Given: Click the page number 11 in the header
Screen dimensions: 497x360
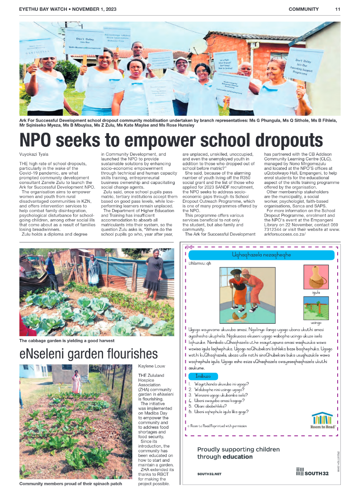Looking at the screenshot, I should pyautogui.click(x=338, y=9).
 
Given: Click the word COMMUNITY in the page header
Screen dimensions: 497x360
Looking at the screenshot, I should pyautogui.click(x=303, y=9).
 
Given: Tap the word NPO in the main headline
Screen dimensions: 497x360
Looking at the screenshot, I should pyautogui.click(x=40, y=140).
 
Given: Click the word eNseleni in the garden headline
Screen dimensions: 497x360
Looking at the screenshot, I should pyautogui.click(x=49, y=354).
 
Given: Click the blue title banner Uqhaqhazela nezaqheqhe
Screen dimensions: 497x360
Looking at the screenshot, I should pyautogui.click(x=261, y=255).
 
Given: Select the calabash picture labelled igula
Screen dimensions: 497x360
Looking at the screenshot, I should pyautogui.click(x=316, y=277).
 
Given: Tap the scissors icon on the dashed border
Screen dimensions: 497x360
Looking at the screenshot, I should pyautogui.click(x=189, y=246).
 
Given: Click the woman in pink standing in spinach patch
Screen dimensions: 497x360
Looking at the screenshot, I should pyautogui.click(x=77, y=383).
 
